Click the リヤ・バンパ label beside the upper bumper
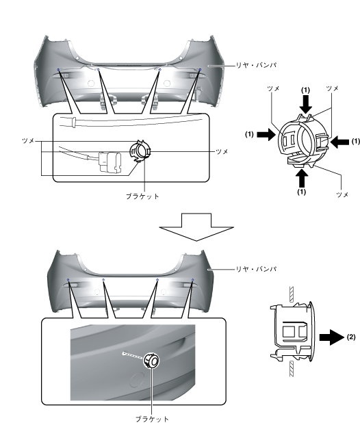pos(256,65)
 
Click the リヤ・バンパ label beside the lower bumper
pos(256,269)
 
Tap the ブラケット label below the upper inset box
pos(142,196)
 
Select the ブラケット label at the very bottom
pos(152,419)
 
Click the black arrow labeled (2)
pos(332,337)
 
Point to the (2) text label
pos(351,337)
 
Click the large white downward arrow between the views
pos(196,227)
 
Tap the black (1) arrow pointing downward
pos(305,105)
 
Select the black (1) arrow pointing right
pos(266,134)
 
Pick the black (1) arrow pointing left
pos(339,142)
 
